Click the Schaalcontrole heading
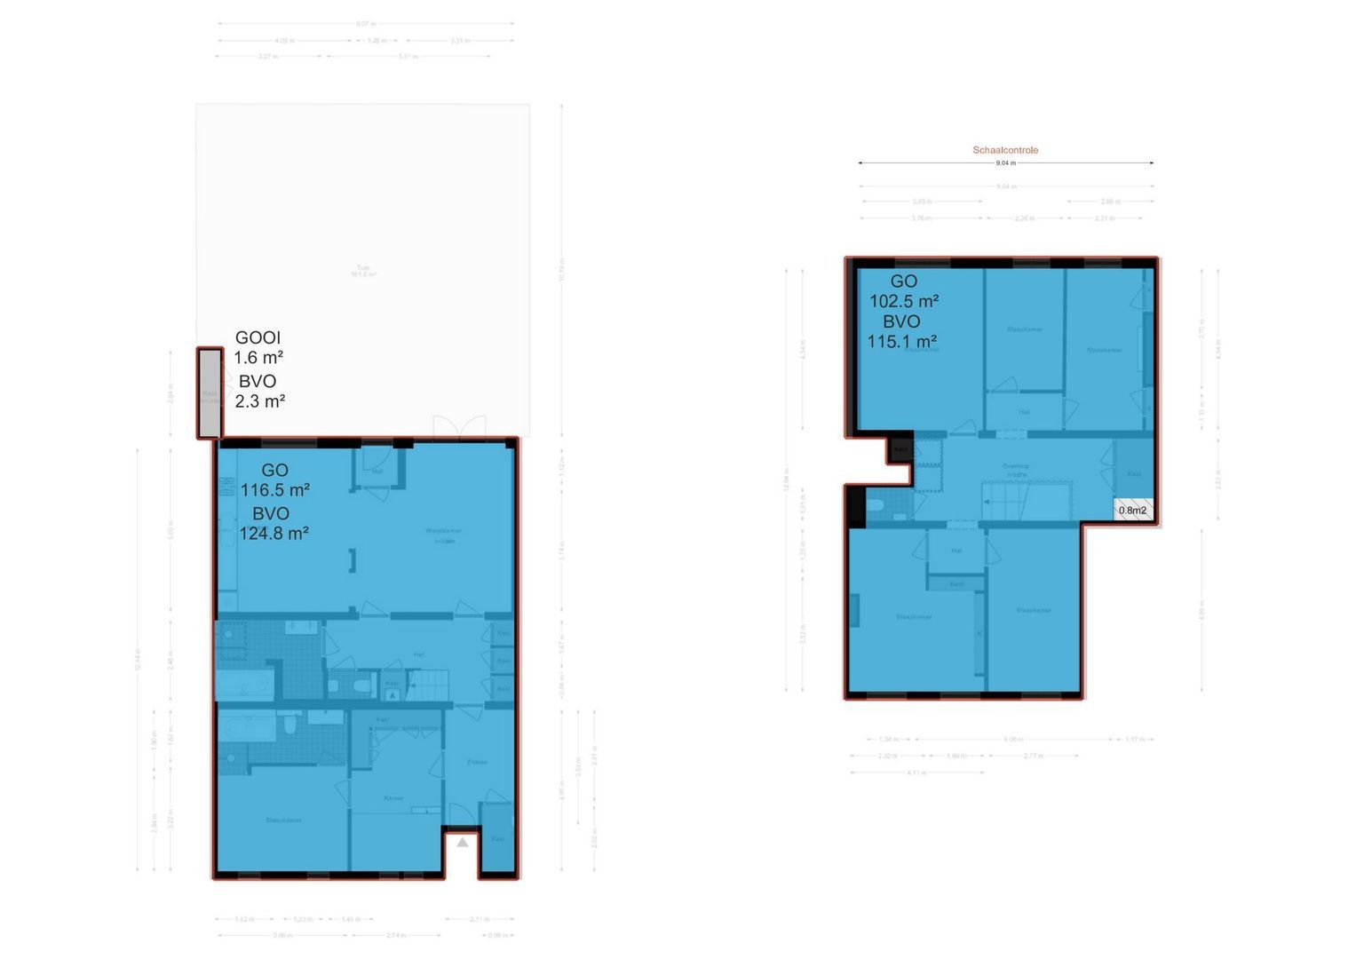pyautogui.click(x=1005, y=150)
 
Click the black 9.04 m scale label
pyautogui.click(x=1005, y=163)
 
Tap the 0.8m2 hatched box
pyautogui.click(x=1133, y=510)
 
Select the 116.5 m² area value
pyautogui.click(x=275, y=490)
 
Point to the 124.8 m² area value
pyautogui.click(x=274, y=534)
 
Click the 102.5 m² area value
pyautogui.click(x=904, y=301)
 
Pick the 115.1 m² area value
pyautogui.click(x=902, y=342)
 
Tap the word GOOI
pyautogui.click(x=258, y=337)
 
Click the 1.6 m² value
pyautogui.click(x=258, y=358)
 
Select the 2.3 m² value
pyautogui.click(x=259, y=401)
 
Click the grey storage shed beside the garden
pyautogui.click(x=210, y=393)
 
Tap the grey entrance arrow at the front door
pyautogui.click(x=463, y=842)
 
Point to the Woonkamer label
pyautogui.click(x=441, y=532)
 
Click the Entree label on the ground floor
pyautogui.click(x=477, y=762)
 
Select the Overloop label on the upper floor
pyautogui.click(x=1015, y=466)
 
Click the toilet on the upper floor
pyautogui.click(x=876, y=506)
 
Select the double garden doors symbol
pyautogui.click(x=459, y=427)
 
